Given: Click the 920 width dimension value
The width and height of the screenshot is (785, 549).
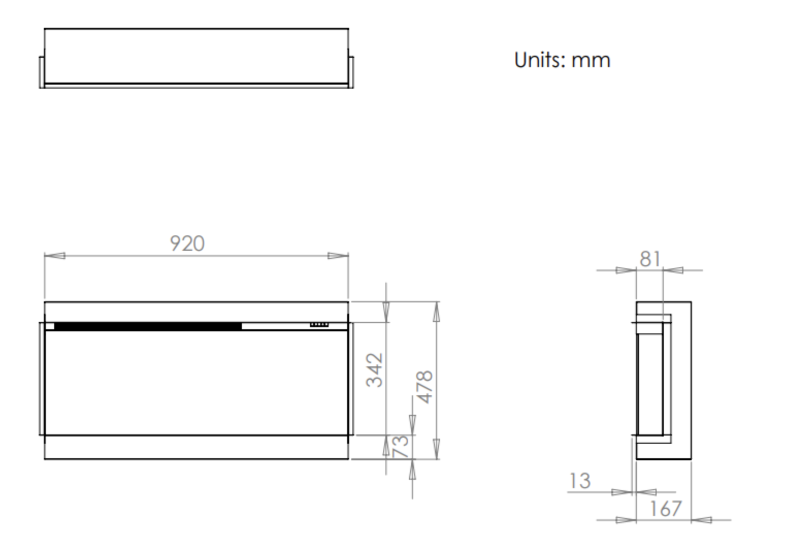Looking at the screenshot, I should point(187,244).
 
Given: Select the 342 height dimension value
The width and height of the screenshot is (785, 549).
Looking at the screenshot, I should point(375,370).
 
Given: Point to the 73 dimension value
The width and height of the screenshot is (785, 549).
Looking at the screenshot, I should point(401,446).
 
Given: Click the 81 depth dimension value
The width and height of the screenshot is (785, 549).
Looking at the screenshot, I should point(650,259).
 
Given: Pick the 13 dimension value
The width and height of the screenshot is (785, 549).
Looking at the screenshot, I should point(580,481).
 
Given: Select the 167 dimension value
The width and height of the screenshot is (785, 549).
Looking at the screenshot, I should point(665,509).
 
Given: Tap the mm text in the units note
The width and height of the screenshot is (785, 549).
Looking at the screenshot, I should point(591,60).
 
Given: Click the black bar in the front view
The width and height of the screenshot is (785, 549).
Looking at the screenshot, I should point(148,326).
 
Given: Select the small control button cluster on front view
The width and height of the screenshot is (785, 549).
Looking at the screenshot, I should point(319,325).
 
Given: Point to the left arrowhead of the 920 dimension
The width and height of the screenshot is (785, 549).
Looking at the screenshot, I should point(55,255).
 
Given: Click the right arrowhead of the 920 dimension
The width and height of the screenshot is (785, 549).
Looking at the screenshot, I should point(338,255).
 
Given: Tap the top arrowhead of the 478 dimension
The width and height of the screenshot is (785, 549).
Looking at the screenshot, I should point(437,312).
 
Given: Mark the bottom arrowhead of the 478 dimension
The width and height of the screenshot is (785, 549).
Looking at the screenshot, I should point(437,449).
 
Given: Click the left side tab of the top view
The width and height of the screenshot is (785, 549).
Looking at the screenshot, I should point(42,72).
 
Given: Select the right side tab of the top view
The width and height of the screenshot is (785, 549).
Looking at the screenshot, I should point(351,72).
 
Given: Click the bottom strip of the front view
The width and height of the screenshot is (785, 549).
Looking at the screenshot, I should point(196,447).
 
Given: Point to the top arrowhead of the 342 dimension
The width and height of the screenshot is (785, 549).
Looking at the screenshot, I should point(386,312).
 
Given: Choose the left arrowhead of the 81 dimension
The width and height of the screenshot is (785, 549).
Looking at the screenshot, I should point(626,270).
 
